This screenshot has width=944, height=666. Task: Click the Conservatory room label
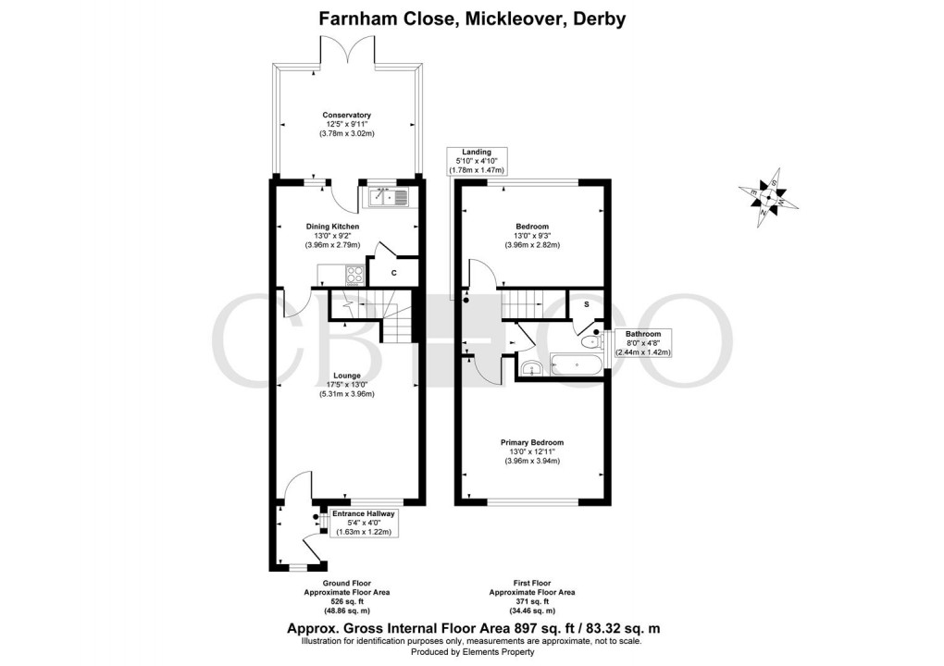[347, 116]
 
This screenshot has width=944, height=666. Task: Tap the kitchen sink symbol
[389, 196]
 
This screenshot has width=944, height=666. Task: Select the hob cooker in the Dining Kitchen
[354, 275]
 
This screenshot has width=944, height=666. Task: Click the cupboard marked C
[393, 273]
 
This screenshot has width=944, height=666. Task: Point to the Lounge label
[347, 376]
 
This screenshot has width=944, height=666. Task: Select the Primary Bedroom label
[532, 443]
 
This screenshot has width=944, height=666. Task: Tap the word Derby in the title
[602, 18]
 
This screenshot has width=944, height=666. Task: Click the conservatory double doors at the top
[347, 51]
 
